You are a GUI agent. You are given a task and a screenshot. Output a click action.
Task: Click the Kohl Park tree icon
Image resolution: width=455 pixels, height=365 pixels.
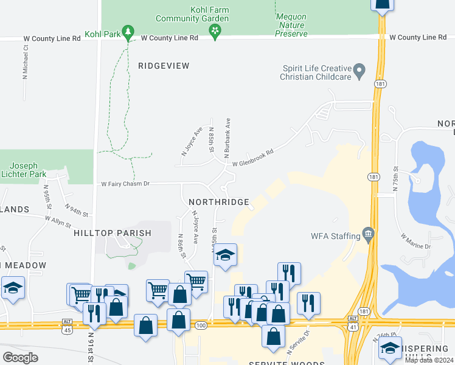point(128,31)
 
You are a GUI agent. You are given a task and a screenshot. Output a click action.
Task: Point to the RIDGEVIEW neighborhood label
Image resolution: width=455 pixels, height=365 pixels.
point(164,66)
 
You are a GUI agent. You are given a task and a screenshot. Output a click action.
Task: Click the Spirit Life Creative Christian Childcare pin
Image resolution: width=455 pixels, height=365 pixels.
point(359,72)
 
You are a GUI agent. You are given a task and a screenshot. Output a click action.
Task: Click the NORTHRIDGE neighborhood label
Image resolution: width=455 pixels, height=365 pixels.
point(218,202)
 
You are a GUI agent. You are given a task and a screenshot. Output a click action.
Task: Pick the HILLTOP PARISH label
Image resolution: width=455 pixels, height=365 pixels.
point(112,233)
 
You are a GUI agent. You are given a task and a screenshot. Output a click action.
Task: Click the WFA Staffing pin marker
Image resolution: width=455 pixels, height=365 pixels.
point(367,234)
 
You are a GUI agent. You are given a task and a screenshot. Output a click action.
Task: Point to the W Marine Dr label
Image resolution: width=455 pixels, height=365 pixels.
point(415,242)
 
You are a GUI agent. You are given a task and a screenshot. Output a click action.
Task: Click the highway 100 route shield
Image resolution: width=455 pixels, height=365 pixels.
point(201,327)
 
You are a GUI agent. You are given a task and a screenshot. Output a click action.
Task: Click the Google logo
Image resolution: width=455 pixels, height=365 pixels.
point(20,357)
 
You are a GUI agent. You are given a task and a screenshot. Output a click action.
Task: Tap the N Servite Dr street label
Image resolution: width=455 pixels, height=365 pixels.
point(297,340)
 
